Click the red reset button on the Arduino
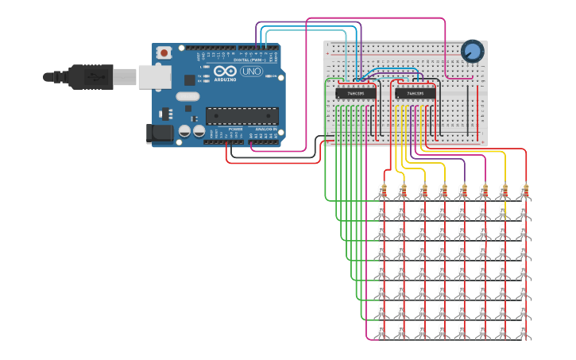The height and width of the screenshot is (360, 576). (164, 53)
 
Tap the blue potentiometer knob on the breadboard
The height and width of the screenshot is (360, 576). (472, 52)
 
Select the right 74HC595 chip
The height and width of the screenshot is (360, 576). (415, 93)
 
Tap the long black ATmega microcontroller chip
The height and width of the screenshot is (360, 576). (242, 116)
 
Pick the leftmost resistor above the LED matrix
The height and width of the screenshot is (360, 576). (383, 191)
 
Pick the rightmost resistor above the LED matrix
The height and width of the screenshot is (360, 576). (524, 191)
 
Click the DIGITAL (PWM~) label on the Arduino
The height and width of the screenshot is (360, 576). (253, 60)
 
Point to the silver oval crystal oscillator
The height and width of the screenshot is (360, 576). (187, 97)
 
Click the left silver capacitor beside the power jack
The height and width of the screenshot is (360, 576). (184, 131)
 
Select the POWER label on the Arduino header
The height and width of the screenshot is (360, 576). (235, 129)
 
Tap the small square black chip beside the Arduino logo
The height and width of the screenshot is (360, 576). (189, 79)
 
